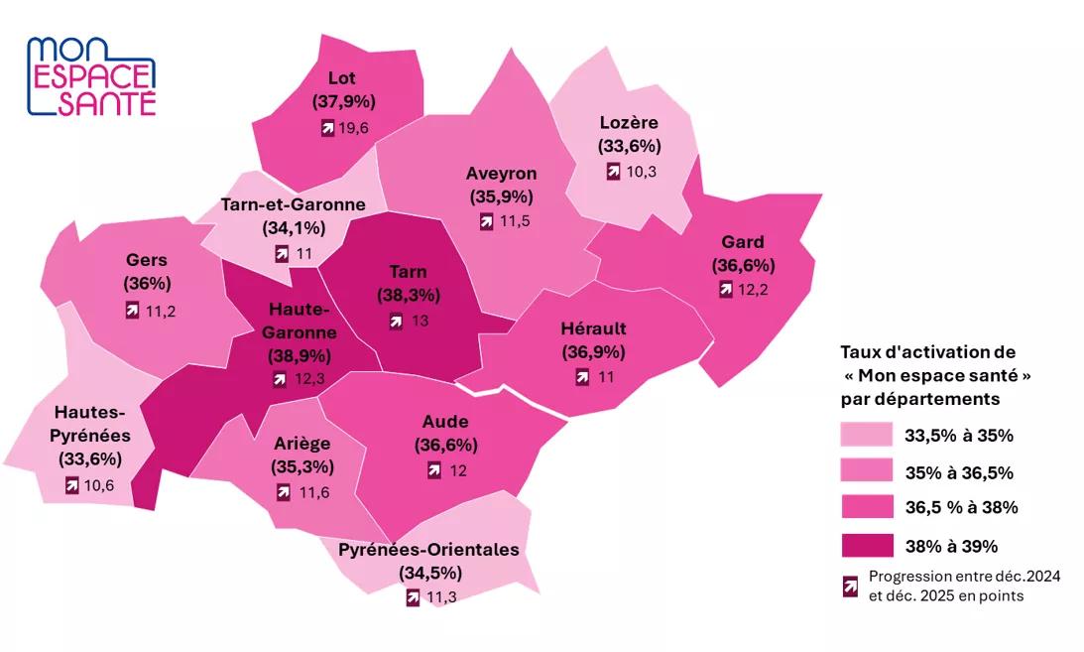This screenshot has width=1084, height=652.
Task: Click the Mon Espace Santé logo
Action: click(x=91, y=76)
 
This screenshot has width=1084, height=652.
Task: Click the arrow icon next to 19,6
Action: click(x=326, y=127)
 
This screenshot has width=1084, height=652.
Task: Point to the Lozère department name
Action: click(x=629, y=122)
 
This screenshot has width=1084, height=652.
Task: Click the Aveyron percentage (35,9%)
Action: click(x=501, y=196)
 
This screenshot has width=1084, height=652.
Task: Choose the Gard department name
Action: click(x=743, y=242)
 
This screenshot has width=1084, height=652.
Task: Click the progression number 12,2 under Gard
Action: click(x=751, y=290)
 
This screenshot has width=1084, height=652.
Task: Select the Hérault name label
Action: click(x=594, y=328)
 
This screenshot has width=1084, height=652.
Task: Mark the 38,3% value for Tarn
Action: click(x=408, y=295)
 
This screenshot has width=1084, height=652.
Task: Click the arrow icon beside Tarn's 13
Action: click(x=396, y=321)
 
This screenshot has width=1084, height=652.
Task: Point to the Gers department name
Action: click(x=146, y=260)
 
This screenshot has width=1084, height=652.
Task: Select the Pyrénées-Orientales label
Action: click(x=428, y=550)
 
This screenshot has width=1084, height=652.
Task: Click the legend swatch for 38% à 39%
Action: click(x=865, y=545)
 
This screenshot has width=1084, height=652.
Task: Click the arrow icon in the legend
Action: click(x=850, y=587)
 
